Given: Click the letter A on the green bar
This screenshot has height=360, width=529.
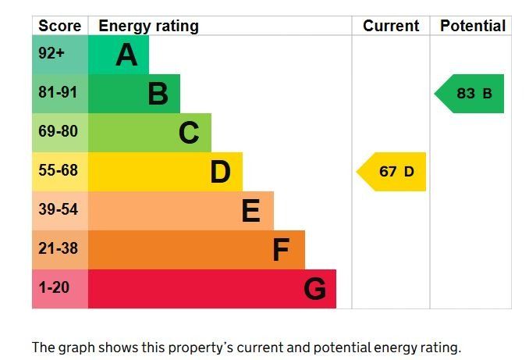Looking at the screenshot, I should (x=126, y=55).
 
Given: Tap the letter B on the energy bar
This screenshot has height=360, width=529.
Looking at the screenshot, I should (x=158, y=94).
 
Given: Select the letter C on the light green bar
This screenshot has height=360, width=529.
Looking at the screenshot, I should (x=189, y=134).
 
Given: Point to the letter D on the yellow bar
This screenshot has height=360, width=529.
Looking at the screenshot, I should (x=220, y=172).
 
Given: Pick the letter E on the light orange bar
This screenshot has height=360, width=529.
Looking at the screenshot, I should (x=250, y=211).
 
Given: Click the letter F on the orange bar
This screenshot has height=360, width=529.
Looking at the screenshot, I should (x=281, y=250).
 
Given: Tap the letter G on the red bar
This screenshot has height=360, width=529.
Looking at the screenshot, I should (x=314, y=289).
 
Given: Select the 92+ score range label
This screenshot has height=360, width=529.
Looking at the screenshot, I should (x=51, y=55).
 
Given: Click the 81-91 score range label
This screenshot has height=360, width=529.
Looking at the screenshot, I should (x=59, y=93).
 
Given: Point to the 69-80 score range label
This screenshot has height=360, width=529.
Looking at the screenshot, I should (x=59, y=132).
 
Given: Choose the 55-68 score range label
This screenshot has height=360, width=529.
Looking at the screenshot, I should (x=59, y=170).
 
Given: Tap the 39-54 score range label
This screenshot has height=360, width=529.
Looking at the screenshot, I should (x=59, y=209).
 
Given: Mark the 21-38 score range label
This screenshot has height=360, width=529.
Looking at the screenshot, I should (x=59, y=248).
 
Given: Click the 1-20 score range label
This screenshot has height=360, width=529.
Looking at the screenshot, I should (x=54, y=287).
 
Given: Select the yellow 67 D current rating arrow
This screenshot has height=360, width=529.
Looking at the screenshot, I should (x=392, y=172).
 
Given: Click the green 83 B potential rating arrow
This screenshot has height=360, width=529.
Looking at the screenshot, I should (x=470, y=94).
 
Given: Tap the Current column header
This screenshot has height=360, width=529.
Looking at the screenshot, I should (x=391, y=26).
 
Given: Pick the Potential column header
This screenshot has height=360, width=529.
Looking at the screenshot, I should (x=472, y=26).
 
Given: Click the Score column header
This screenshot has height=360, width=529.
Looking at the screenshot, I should (x=60, y=26).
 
